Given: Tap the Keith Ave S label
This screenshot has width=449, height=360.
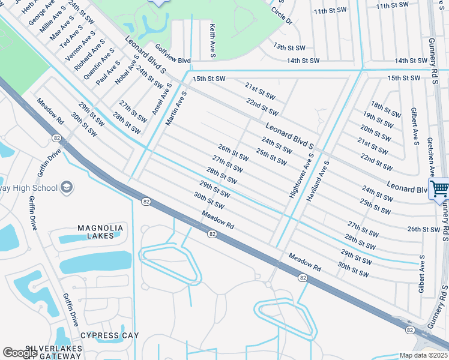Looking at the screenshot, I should (212, 41).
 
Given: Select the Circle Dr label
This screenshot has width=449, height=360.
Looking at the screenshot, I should (281, 16).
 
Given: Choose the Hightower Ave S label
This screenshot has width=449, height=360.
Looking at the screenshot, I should (301, 176).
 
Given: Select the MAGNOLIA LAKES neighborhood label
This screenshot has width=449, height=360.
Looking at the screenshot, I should (101, 232).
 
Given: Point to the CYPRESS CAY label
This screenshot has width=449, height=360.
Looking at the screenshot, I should (109, 335).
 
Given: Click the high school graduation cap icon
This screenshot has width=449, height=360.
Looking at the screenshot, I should (66, 188).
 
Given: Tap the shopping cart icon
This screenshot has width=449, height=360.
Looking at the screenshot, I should (439, 188).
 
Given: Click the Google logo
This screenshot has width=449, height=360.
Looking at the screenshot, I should (20, 353).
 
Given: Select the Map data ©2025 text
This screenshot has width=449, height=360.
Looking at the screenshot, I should (423, 355).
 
